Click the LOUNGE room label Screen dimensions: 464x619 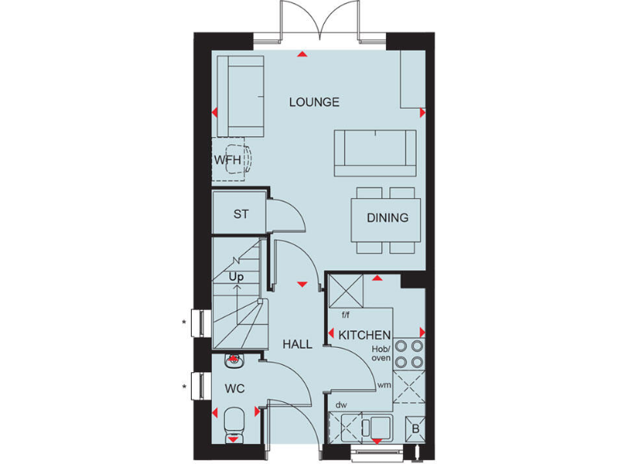click(314, 102)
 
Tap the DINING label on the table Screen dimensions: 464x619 click(388, 217)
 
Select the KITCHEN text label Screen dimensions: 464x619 click(364, 335)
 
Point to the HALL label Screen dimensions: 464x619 click(297, 344)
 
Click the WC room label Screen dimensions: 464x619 click(235, 388)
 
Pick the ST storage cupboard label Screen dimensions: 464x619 click(240, 214)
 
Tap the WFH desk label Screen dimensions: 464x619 click(227, 159)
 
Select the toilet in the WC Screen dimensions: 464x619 click(234, 421)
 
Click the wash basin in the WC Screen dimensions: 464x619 click(235, 361)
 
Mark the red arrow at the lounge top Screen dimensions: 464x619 click(301, 55)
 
